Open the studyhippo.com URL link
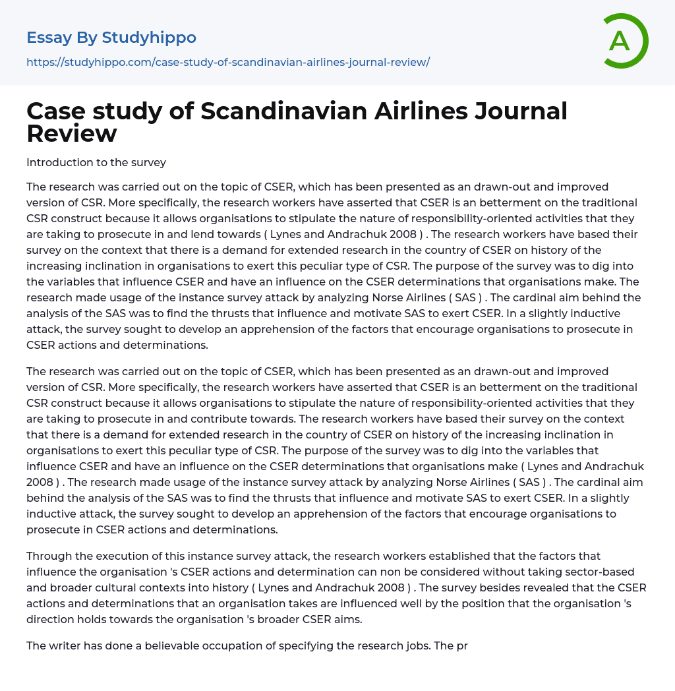(x=228, y=63)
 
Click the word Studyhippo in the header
(x=149, y=38)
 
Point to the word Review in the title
(x=72, y=134)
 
